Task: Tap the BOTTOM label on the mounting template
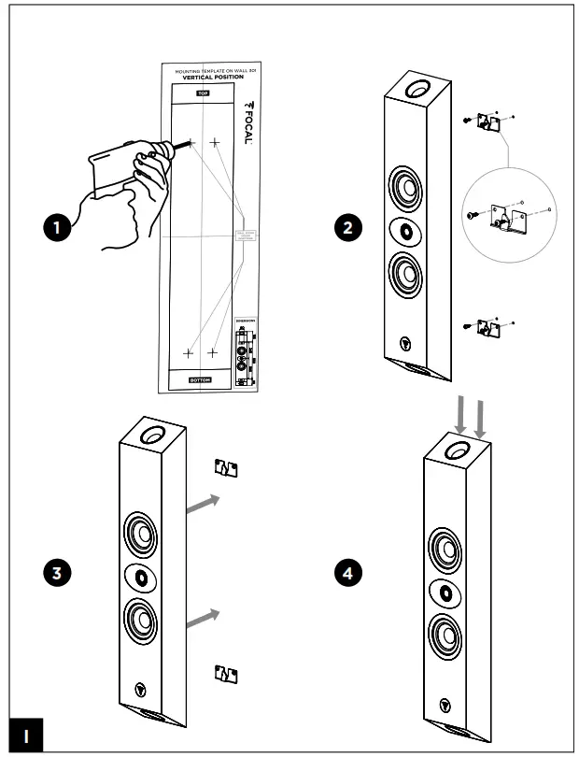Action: (x=201, y=380)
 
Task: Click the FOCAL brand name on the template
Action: (x=247, y=117)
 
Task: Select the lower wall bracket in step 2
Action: (x=488, y=326)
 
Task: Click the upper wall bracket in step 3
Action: (x=227, y=466)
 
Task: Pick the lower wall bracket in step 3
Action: (x=227, y=673)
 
